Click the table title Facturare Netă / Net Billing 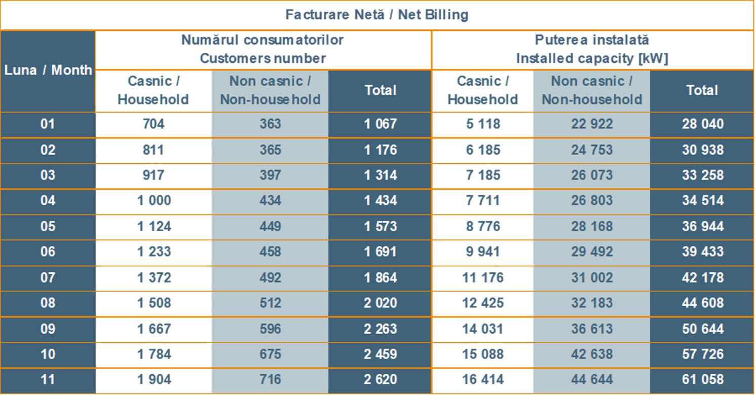376,15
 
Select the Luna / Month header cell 48,70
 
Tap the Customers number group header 262,49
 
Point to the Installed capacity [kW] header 592,49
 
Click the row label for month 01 48,124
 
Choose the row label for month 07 48,278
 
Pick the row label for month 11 48,379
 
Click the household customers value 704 154,124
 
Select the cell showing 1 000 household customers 154,201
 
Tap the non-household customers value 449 270,226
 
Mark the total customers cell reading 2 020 380,303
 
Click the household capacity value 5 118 482,124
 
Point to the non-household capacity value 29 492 592,252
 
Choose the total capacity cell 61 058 702,379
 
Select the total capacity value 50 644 702,329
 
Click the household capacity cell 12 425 482,303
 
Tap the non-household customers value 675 270,354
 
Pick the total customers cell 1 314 380,175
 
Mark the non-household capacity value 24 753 592,150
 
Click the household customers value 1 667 154,329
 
